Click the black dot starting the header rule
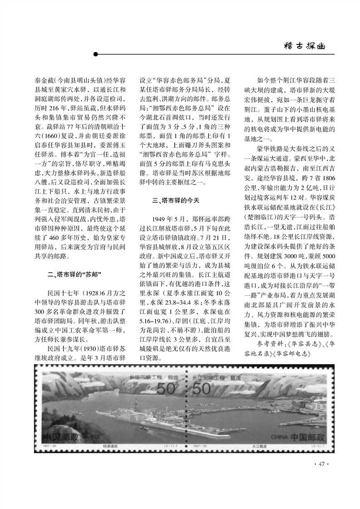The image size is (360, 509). [95, 54]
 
